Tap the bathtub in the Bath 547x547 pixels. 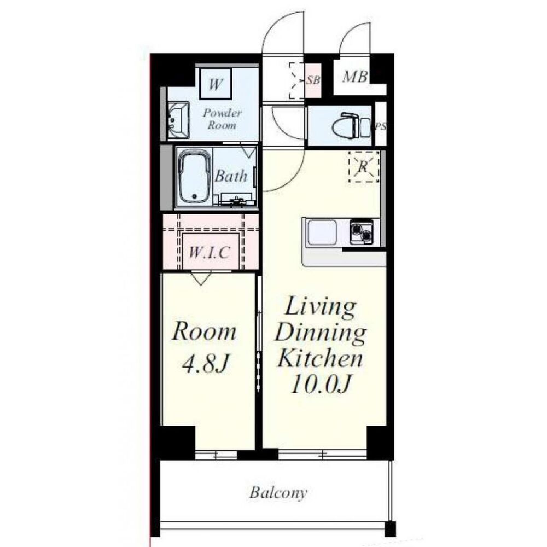[195, 177]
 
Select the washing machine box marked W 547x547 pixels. [215, 84]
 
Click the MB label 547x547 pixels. [355, 77]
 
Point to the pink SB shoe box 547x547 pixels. [313, 80]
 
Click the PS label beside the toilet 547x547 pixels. [381, 126]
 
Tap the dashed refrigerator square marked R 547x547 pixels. [364, 167]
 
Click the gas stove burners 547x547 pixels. [361, 232]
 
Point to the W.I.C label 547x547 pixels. [210, 252]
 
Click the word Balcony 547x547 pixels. [278, 493]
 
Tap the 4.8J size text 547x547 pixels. [206, 364]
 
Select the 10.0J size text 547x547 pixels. [319, 384]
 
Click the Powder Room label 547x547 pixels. [222, 119]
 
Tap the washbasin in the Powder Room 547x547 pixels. [178, 120]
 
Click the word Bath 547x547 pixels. [231, 176]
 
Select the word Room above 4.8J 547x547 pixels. [204, 331]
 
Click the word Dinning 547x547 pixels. [320, 333]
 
